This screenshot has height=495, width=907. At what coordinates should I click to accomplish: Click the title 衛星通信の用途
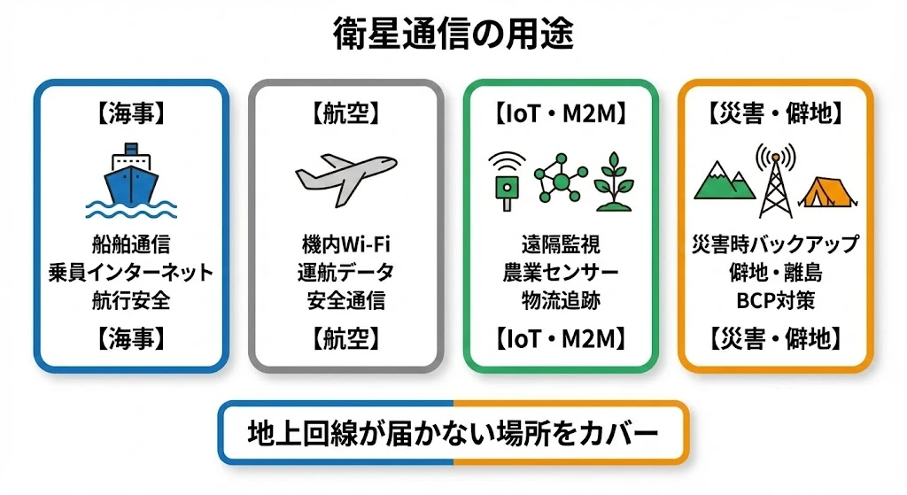coord(453,34)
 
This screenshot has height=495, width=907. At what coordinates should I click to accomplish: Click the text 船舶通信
coord(131,244)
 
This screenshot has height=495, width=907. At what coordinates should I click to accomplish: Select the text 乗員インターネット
coord(131,272)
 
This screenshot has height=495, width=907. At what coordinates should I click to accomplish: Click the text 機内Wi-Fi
coord(345,244)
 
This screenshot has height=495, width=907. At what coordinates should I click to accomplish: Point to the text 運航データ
coord(345,272)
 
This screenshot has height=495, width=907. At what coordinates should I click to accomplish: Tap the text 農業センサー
coord(561,272)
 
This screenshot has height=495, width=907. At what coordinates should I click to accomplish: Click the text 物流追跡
coord(561,300)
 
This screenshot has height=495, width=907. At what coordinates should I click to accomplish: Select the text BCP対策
coord(775,300)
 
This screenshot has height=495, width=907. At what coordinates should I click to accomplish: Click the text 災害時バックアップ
coord(775,244)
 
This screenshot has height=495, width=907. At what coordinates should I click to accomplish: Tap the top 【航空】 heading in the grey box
coord(345,113)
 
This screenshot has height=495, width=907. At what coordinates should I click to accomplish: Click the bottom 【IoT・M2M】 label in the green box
coord(561,338)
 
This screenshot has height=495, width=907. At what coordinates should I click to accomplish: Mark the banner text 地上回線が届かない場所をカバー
coord(453,432)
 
